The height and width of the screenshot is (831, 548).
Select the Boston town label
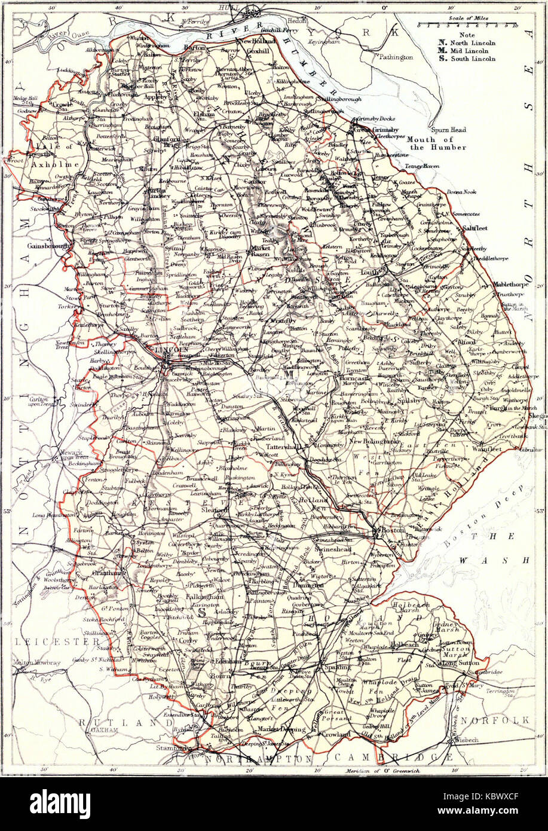[393, 530]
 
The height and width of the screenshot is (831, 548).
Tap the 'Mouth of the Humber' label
[436, 143]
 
